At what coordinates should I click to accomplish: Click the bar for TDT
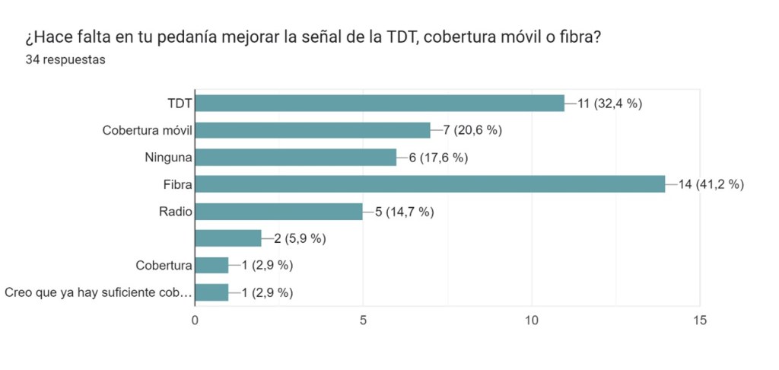coord(380,103)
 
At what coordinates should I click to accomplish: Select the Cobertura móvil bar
coord(313,130)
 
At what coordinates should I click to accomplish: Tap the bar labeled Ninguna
coord(296,158)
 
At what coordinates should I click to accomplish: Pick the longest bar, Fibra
coord(430,184)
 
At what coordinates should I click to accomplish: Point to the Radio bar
coord(279,212)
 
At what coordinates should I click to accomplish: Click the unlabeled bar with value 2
coord(228,238)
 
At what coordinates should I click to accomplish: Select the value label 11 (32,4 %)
coord(610,104)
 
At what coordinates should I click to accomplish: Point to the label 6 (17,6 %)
coord(439,158)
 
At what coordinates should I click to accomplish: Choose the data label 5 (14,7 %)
coord(405,212)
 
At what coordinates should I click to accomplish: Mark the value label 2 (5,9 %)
coord(300,239)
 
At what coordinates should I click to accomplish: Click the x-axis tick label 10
coord(531,321)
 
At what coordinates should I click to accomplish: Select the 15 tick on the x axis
coord(699,321)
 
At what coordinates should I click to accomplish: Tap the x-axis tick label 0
coord(196,321)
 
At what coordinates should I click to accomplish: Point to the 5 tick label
coord(364,321)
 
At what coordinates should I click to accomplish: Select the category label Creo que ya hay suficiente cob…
coord(97,292)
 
